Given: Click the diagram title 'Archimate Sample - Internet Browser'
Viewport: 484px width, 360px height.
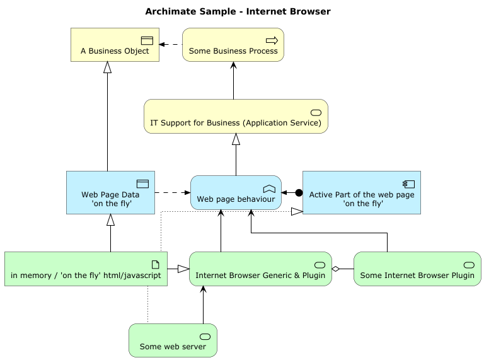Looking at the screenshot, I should tap(238, 12).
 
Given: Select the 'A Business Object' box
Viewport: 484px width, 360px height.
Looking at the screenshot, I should tap(115, 45).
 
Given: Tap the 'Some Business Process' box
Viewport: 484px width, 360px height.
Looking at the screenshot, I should tap(233, 45).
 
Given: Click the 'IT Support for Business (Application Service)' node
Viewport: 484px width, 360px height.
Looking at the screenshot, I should tap(236, 117).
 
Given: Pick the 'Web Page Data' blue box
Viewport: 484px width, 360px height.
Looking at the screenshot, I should tap(110, 192).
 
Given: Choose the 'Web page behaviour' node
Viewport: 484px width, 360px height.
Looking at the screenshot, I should tap(236, 192).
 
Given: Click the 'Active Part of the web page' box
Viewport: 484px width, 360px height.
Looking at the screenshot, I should tap(361, 192).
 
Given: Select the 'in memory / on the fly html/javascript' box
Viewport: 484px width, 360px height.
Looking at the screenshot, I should tap(86, 269).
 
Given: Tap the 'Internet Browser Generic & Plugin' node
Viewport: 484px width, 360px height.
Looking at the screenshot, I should tap(260, 269).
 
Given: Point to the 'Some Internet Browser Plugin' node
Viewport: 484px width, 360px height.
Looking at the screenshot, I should tap(417, 269).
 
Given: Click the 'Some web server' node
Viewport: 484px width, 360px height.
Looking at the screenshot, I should tap(173, 340).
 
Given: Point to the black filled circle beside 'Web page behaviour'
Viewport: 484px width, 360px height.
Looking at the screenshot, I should tap(299, 192).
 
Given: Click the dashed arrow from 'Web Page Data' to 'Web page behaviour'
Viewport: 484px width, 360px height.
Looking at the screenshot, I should tap(171, 192).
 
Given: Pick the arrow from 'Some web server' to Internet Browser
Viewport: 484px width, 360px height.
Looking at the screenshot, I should tap(203, 306).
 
